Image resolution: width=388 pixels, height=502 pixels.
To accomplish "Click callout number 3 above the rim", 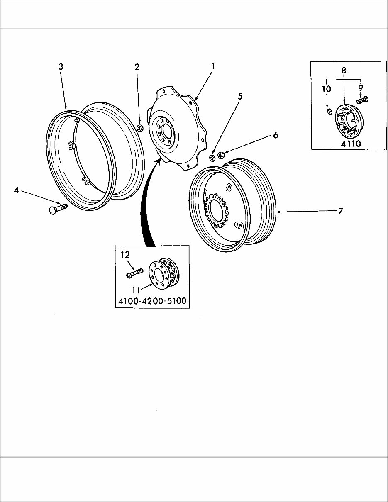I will (61, 67).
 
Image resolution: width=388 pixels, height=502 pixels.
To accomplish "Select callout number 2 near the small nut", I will (137, 67).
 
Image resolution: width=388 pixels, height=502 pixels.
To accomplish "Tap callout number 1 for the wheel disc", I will (213, 66).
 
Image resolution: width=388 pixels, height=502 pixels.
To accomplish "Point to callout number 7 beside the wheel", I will (340, 211).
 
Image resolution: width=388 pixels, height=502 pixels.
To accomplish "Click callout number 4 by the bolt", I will (16, 190).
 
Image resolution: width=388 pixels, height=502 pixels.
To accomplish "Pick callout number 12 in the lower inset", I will (125, 254).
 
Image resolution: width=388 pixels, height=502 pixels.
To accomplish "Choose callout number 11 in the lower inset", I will (136, 290).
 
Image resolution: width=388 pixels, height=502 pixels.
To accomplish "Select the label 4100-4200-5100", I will (152, 301).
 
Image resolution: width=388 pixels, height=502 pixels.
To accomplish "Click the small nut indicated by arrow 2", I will (140, 127).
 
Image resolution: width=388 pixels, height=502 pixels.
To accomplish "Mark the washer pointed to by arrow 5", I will (212, 158).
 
